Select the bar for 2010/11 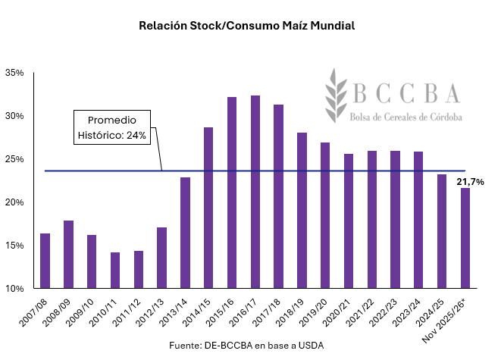(115, 271)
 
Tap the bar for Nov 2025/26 (465, 238)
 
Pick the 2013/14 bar (185, 233)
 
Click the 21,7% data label (470, 183)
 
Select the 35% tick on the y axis (14, 73)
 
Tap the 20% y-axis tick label (14, 202)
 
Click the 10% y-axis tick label (14, 289)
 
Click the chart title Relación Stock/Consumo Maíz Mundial (247, 26)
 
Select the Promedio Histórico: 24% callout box (112, 128)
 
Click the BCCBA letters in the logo (406, 92)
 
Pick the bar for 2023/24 (418, 220)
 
